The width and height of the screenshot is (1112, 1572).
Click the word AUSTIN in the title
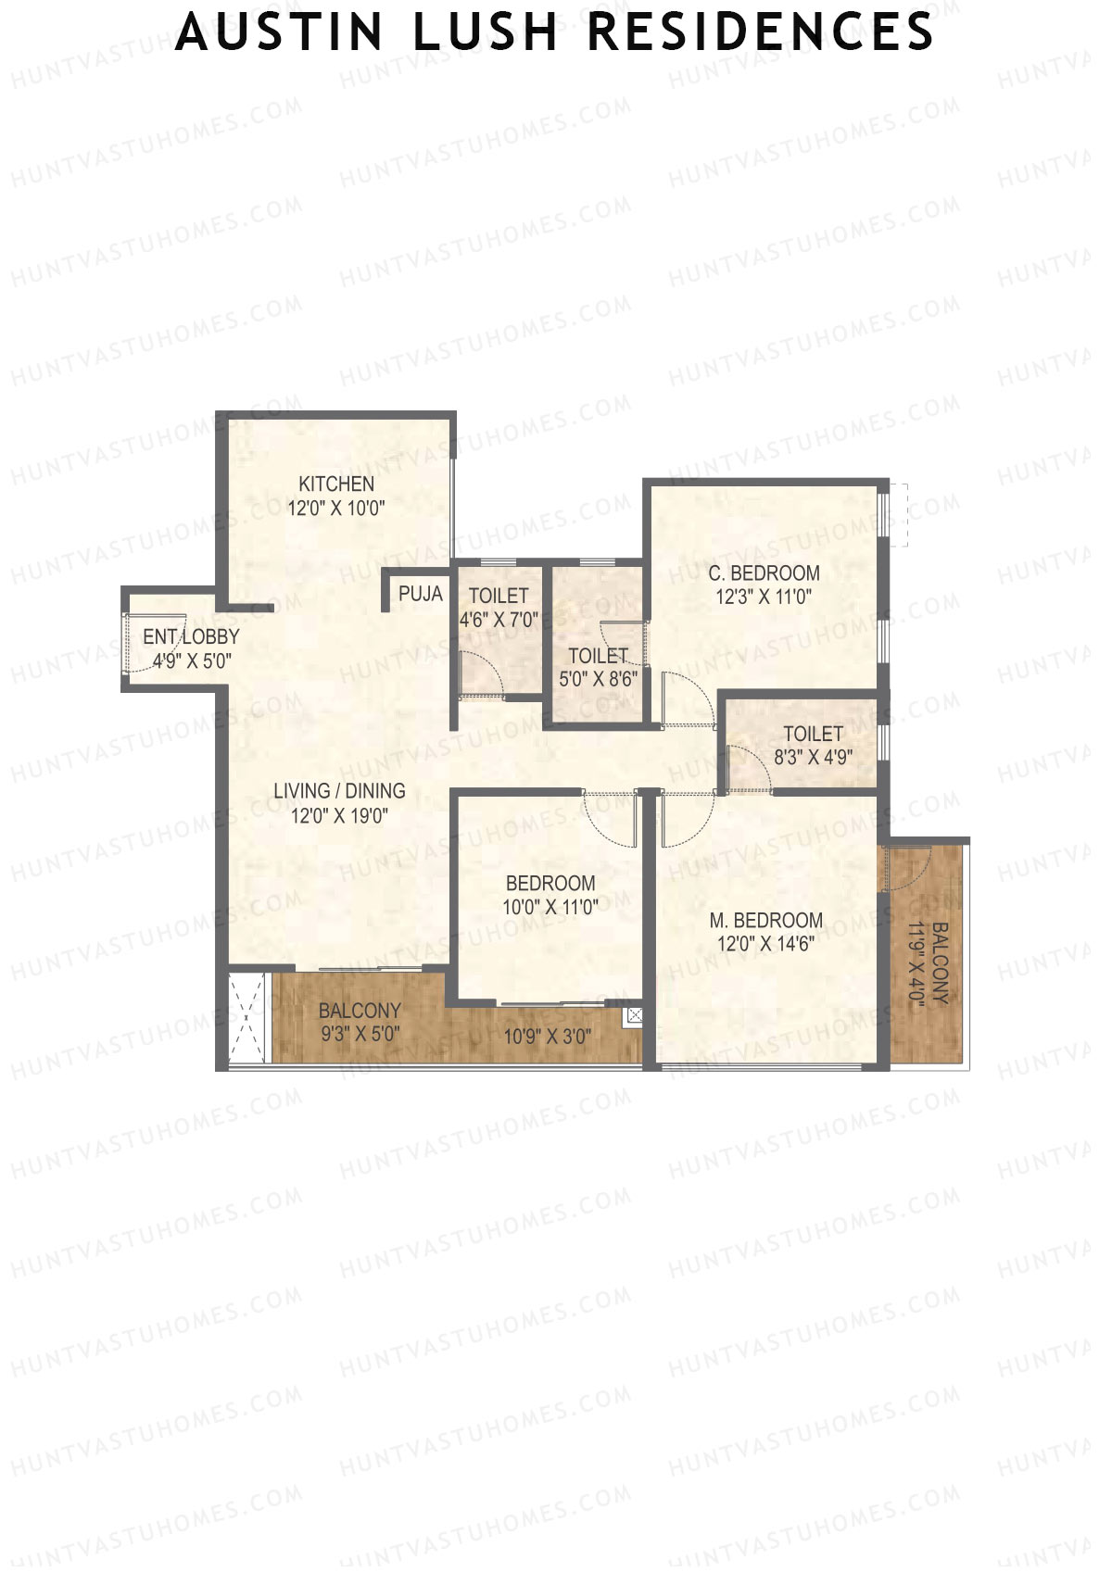tap(279, 31)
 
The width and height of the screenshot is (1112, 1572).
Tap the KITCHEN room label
tap(336, 484)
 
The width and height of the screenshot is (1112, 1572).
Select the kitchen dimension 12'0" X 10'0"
tap(336, 508)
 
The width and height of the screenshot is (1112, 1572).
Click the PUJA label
tap(421, 594)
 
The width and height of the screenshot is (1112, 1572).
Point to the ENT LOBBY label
tap(191, 637)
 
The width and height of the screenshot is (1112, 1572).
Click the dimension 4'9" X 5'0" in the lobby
tap(191, 660)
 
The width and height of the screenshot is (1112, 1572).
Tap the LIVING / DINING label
tap(339, 791)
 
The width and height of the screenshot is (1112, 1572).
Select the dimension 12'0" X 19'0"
tap(339, 815)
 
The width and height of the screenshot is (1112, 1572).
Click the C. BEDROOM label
tap(764, 573)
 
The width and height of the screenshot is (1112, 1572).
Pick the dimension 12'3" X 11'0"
tap(764, 597)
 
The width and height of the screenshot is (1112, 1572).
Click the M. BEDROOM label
tap(765, 921)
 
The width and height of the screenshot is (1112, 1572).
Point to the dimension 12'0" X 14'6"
tap(765, 945)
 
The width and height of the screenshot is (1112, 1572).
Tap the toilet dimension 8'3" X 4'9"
tap(813, 758)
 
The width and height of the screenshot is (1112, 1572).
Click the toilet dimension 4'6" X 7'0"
tap(499, 620)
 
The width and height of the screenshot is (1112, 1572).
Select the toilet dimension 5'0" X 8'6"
tap(598, 679)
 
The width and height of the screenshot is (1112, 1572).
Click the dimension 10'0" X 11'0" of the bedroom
tap(550, 908)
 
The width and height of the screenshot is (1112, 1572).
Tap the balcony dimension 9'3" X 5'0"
tap(360, 1035)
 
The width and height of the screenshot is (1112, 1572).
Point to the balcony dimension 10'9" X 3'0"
tap(547, 1037)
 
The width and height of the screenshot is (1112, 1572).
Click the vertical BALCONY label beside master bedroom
tap(940, 963)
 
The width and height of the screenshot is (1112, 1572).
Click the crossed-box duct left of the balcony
tap(247, 1018)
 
